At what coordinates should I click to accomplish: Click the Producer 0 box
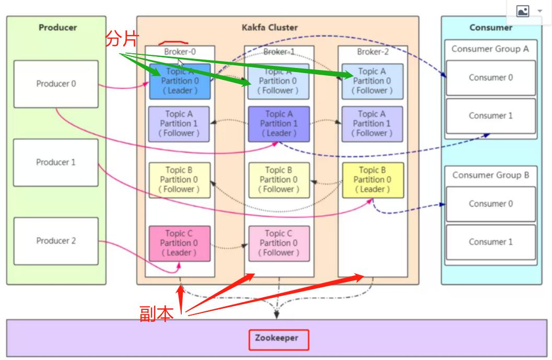(x=56, y=84)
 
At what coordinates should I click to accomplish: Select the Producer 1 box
(x=56, y=162)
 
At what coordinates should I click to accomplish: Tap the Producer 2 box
(x=56, y=241)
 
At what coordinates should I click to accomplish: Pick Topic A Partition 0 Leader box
(x=180, y=81)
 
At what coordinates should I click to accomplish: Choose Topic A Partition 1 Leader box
(x=279, y=124)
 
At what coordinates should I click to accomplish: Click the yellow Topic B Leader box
(x=373, y=180)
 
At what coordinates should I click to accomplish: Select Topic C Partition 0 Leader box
(x=179, y=243)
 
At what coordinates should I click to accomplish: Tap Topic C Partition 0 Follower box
(x=279, y=243)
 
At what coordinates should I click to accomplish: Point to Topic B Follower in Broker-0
(x=179, y=180)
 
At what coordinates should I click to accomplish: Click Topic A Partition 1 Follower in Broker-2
(x=372, y=124)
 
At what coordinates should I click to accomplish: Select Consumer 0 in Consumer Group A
(x=490, y=78)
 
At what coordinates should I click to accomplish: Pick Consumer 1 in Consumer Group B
(x=490, y=242)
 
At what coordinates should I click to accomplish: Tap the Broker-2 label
(x=373, y=52)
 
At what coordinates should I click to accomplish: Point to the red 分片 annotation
(x=121, y=39)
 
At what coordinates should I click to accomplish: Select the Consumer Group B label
(x=490, y=175)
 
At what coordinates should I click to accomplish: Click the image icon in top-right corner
(x=523, y=11)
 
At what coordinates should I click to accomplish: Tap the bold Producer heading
(x=57, y=28)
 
